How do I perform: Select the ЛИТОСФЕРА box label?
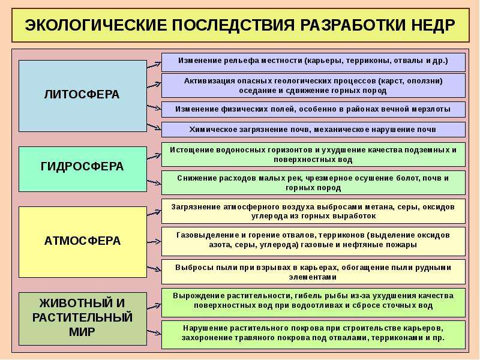pos(82,94)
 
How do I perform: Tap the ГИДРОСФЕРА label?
pos(82,167)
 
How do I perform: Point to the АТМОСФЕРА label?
pos(82,241)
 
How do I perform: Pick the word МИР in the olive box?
pos(82,332)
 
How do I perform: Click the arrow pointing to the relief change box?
pos(154,65)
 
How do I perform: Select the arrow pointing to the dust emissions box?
pos(154,269)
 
